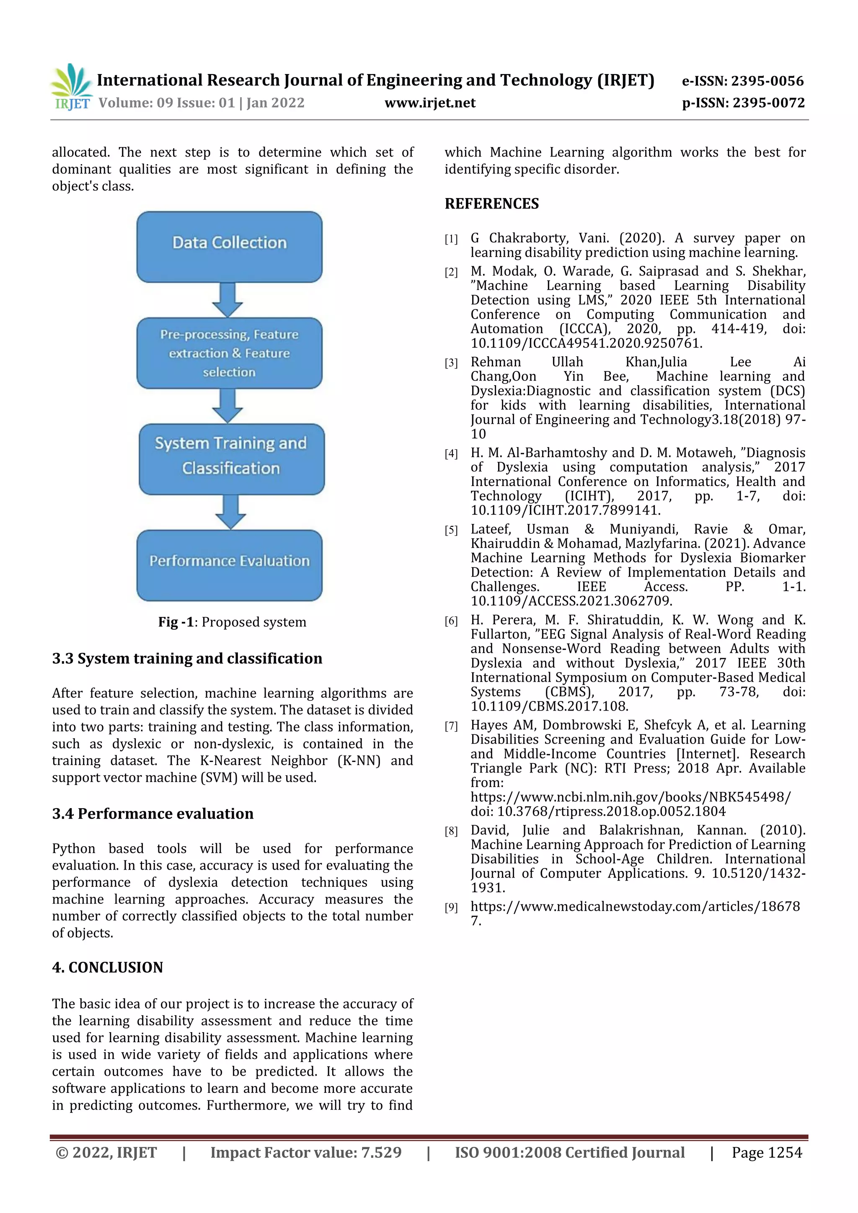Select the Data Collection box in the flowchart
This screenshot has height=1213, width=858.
click(230, 246)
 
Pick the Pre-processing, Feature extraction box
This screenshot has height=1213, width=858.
click(230, 353)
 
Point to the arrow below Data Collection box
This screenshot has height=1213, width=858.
click(227, 299)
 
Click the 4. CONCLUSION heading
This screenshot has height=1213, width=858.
click(107, 967)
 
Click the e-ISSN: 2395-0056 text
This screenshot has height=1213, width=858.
click(742, 81)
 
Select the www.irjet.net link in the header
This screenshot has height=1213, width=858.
click(430, 103)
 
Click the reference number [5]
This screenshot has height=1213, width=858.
click(451, 531)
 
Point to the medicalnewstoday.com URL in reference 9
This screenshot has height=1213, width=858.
click(635, 906)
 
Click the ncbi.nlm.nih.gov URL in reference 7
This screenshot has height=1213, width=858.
click(630, 797)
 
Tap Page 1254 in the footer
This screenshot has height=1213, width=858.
click(767, 1152)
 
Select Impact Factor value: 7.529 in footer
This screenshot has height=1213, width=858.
click(305, 1152)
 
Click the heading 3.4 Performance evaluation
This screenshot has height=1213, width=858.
click(153, 813)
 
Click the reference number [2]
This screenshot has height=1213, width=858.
click(451, 273)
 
